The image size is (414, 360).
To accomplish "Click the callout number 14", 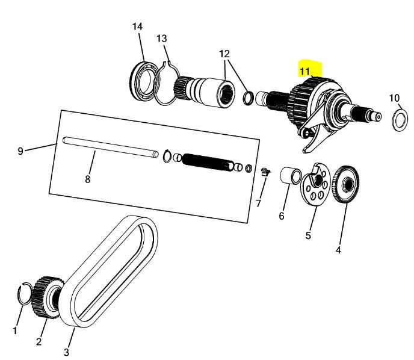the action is [137, 26].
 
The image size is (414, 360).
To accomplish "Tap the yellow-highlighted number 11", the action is [304, 71].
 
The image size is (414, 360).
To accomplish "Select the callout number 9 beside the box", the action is [20, 151].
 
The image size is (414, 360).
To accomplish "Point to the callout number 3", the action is [66, 352].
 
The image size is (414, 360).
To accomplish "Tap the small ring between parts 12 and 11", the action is [248, 98].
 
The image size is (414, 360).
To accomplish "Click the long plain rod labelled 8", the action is [110, 147].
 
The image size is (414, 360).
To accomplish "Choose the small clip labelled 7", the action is [265, 172].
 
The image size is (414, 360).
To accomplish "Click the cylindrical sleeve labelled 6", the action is [291, 175].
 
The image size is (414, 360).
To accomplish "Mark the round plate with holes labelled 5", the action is [315, 184].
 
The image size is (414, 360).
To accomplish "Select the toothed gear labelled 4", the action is [345, 184].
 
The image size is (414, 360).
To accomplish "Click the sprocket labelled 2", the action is [48, 297].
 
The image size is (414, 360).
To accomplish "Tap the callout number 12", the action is [224, 54].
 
